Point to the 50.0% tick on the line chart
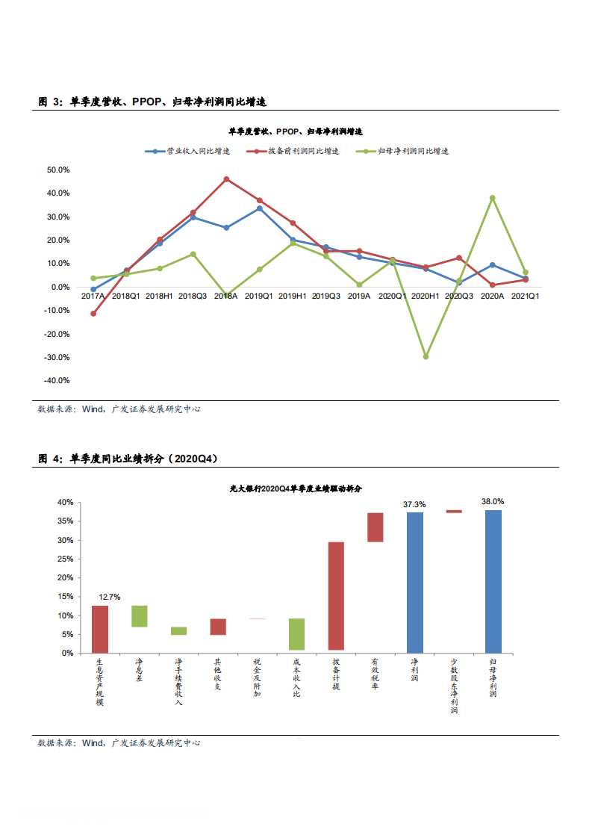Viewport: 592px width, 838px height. [58, 170]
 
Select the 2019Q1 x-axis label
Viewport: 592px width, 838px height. [259, 297]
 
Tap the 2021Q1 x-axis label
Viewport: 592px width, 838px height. [525, 297]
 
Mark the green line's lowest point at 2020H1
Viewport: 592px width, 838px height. [426, 357]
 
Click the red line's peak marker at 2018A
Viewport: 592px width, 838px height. [226, 179]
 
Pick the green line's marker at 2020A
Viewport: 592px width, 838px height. [492, 198]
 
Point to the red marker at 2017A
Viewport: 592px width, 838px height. [93, 314]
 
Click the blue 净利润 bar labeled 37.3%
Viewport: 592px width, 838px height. [415, 582]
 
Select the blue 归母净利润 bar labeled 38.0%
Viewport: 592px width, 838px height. [493, 581]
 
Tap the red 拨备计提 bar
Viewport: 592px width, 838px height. [336, 596]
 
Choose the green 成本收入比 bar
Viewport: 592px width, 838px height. [297, 634]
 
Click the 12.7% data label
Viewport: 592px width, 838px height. [109, 597]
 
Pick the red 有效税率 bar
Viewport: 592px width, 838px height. [376, 527]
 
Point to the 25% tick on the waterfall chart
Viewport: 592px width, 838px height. [66, 559]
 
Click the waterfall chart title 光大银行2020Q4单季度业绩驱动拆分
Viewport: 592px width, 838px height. [296, 488]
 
